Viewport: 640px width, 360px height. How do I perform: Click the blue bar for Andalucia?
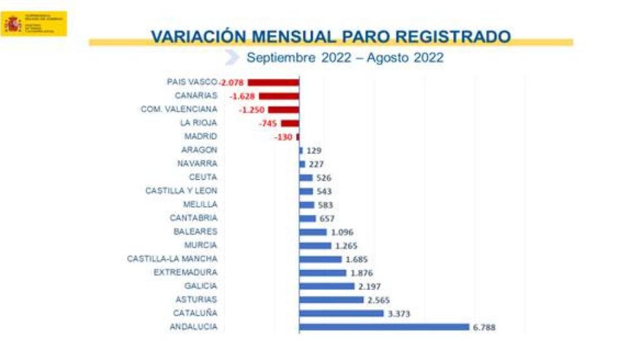tap(384, 327)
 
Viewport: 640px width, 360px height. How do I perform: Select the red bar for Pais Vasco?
tap(273, 82)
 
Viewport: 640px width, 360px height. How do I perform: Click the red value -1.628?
tap(242, 96)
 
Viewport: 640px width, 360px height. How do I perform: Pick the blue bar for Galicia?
tap(327, 286)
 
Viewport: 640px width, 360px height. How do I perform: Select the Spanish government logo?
tap(34, 24)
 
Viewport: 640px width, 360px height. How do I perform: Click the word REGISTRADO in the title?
tap(452, 36)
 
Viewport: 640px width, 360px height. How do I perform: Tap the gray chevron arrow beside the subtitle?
tap(232, 57)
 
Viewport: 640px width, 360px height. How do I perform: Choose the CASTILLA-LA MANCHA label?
tap(172, 259)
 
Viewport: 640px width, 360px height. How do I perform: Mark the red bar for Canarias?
tap(279, 96)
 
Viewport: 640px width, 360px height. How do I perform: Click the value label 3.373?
tap(398, 313)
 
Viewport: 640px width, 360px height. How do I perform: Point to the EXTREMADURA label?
tap(186, 272)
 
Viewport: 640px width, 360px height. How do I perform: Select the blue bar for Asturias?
tap(331, 300)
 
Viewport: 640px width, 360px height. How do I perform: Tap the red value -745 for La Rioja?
tap(268, 124)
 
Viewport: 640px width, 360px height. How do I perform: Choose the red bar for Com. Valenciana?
tap(283, 110)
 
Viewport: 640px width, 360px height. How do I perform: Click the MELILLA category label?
tap(201, 204)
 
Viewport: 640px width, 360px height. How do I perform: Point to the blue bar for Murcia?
tap(315, 246)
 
